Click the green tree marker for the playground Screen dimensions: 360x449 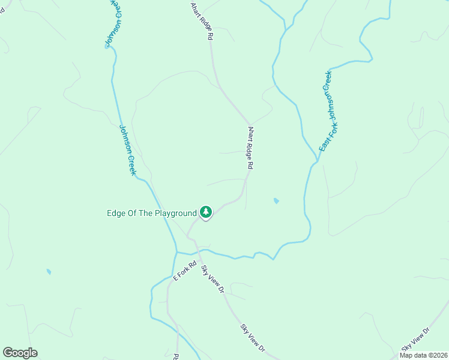click(x=206, y=212)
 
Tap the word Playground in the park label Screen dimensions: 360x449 click(x=176, y=213)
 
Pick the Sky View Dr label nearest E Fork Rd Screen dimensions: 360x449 click(x=212, y=280)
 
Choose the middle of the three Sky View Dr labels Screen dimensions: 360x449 click(x=253, y=338)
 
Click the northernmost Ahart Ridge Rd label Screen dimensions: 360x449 click(x=202, y=21)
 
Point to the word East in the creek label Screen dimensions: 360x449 click(x=324, y=142)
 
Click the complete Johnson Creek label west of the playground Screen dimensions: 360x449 click(x=128, y=149)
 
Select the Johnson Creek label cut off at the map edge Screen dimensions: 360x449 click(x=113, y=22)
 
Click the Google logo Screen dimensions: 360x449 click(x=20, y=352)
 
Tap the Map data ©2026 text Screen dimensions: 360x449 click(x=424, y=355)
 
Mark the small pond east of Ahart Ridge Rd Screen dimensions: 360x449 click(x=276, y=200)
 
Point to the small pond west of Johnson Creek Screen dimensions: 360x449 click(x=49, y=272)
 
